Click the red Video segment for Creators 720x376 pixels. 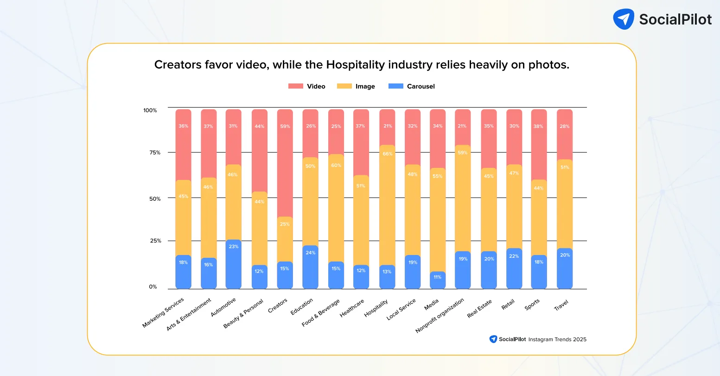point(285,162)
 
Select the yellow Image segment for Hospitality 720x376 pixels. point(387,204)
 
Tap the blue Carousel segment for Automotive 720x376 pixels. point(233,264)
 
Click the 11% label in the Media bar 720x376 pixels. point(438,277)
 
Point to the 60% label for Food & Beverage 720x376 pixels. point(336,166)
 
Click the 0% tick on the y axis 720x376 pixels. point(153,287)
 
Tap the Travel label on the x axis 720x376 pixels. point(561,306)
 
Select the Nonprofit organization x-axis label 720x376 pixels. point(440,316)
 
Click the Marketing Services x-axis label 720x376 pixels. point(163,313)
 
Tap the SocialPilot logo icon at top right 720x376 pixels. point(623,19)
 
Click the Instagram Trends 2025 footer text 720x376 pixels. point(557,339)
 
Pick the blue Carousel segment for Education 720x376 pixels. point(310,267)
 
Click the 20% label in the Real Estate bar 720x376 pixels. point(489,259)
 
